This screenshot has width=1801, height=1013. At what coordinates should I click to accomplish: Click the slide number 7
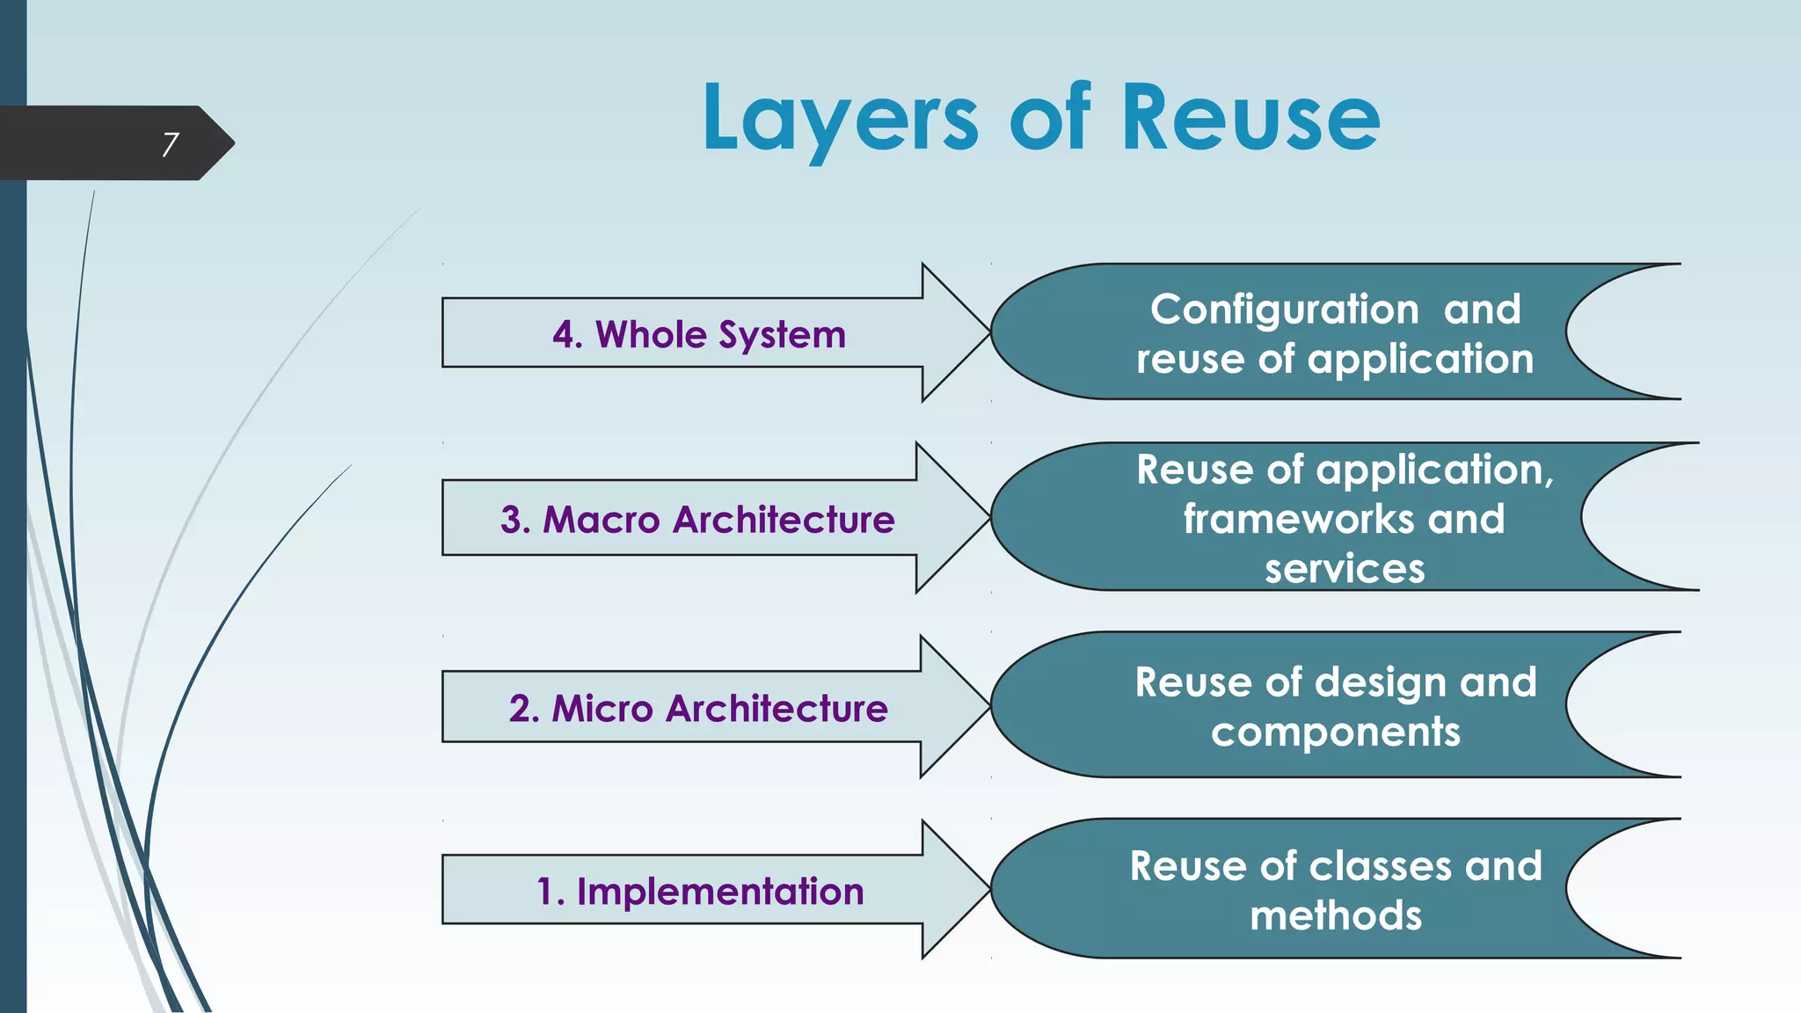click(171, 144)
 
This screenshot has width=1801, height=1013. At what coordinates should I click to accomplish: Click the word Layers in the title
click(840, 119)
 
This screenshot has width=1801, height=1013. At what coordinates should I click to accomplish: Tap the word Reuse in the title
click(1250, 119)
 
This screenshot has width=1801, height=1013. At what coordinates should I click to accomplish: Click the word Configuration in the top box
click(1284, 310)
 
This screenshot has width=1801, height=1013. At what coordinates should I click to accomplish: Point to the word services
click(1345, 569)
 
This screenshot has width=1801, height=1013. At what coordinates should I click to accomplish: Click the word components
click(1336, 732)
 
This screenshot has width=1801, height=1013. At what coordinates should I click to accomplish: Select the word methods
click(1336, 916)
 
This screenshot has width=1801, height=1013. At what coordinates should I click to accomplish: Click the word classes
click(1381, 866)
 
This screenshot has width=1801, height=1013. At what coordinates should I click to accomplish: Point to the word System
click(782, 335)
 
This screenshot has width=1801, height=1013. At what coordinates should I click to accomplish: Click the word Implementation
click(720, 892)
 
